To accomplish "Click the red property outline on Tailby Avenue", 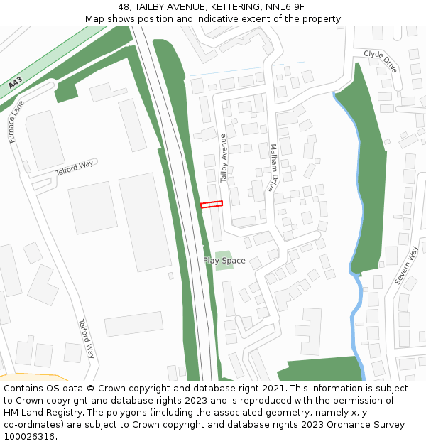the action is click(x=212, y=205).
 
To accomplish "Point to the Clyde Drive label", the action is click(x=381, y=61).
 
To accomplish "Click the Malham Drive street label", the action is click(x=273, y=168).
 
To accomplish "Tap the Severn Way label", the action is click(x=407, y=266).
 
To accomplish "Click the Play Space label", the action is click(x=224, y=261).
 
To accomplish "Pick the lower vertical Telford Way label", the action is click(x=86, y=339).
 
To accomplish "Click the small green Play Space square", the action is click(x=223, y=256).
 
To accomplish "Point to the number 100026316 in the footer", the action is click(x=28, y=437).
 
